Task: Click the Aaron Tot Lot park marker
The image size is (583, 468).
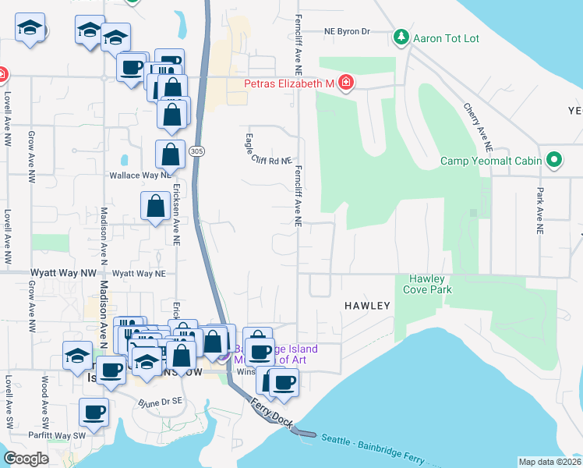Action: [401, 37]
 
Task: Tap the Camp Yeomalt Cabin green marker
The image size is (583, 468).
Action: [554, 161]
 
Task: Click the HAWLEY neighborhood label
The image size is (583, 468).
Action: [366, 306]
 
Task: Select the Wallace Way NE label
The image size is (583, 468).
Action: [140, 175]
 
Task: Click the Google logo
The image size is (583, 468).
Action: [26, 459]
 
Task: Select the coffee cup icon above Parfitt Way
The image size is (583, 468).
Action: [94, 412]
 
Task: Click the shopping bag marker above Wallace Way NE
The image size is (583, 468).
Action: [170, 155]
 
